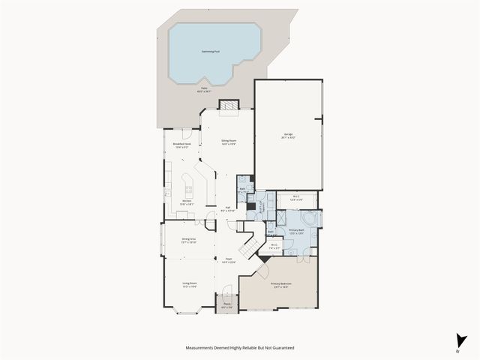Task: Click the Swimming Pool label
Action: (211, 52)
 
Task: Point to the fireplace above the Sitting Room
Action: (228, 106)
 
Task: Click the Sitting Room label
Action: (229, 142)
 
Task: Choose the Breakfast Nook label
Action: (182, 145)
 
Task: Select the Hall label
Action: (228, 210)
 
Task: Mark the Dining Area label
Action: (189, 241)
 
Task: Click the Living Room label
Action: (189, 285)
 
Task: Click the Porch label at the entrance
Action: (226, 304)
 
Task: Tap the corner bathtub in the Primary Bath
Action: (313, 219)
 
